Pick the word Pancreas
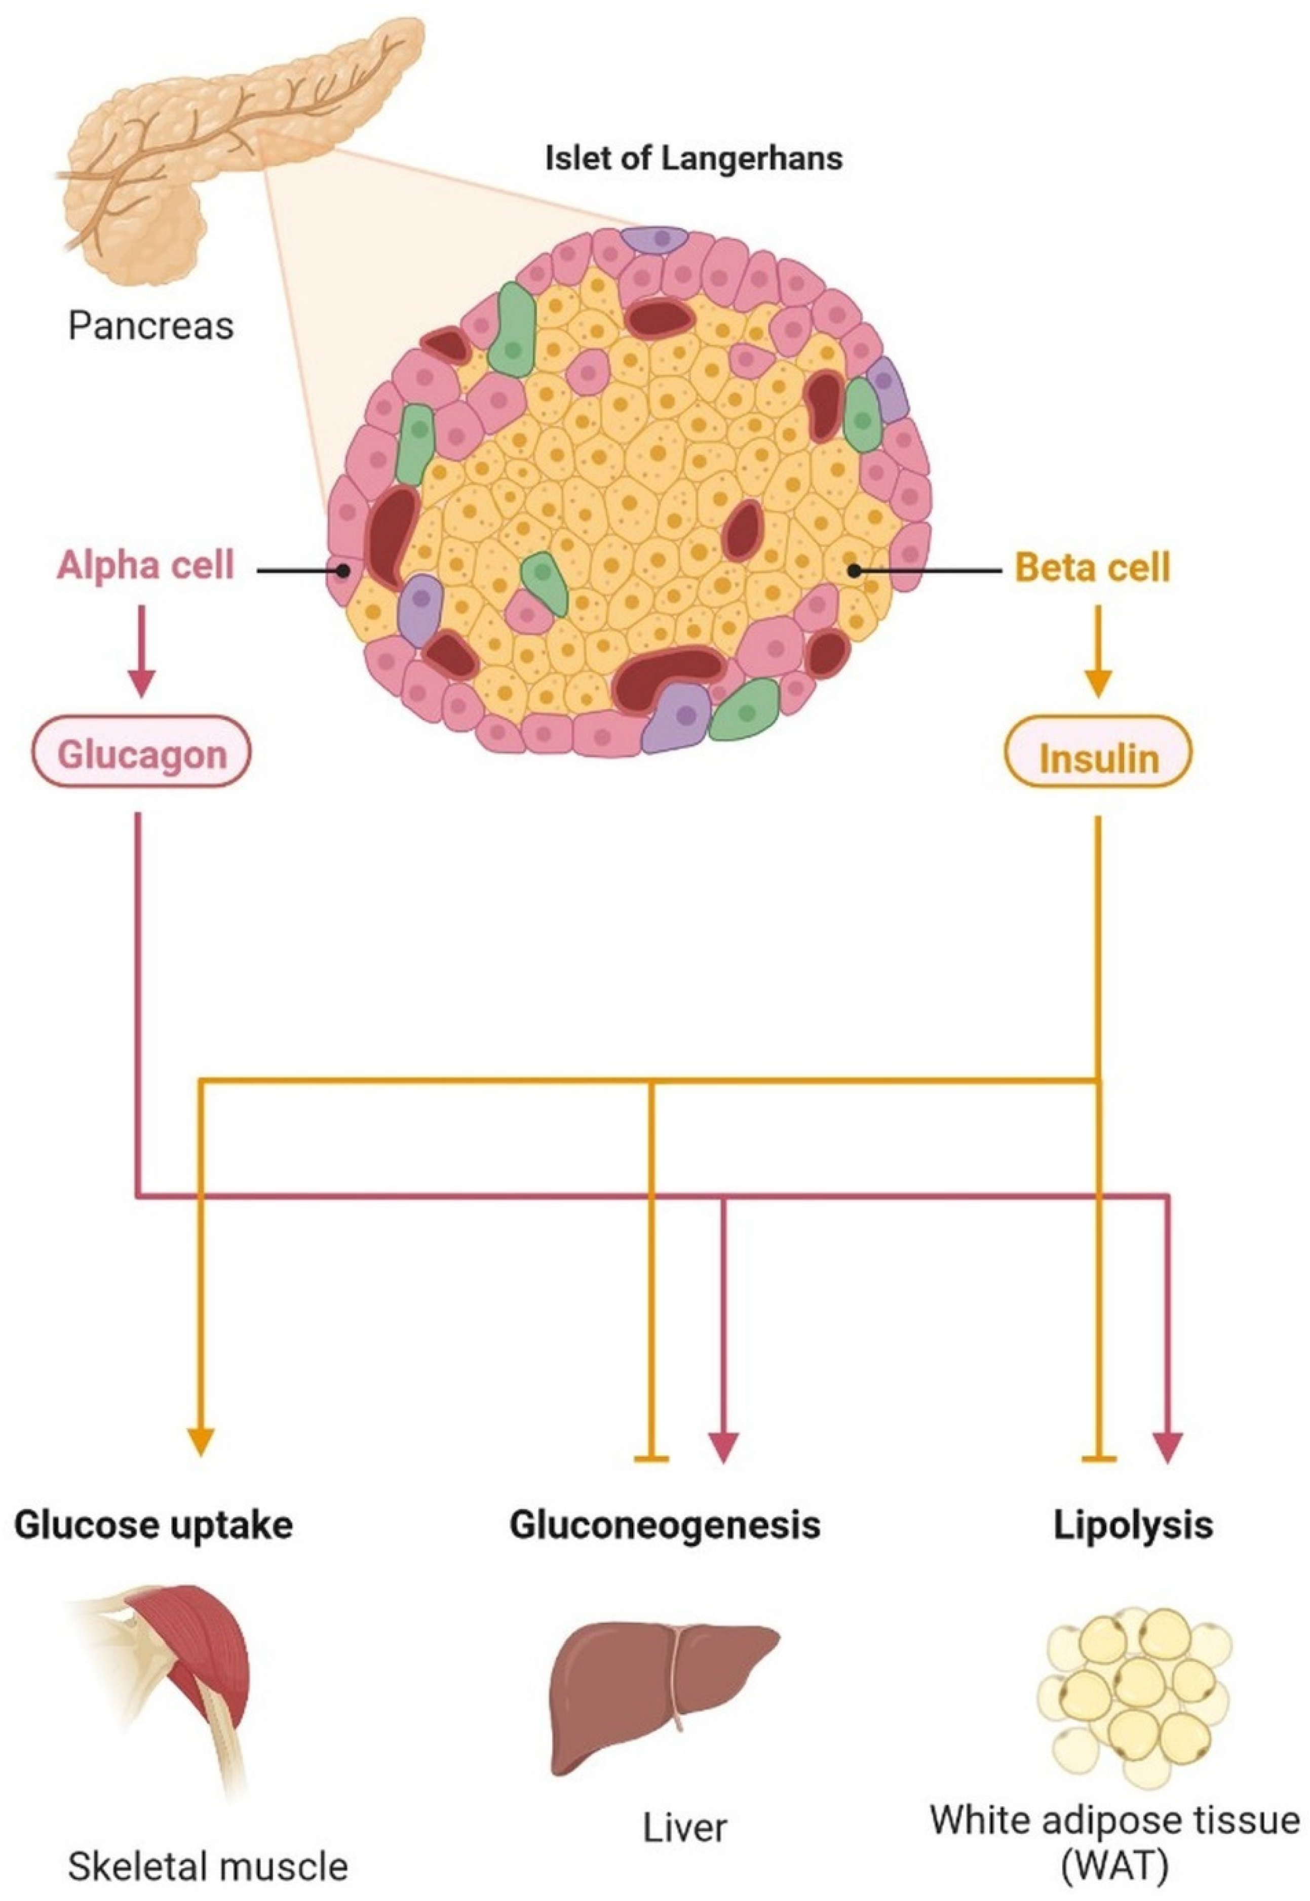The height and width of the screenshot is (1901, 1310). (x=151, y=326)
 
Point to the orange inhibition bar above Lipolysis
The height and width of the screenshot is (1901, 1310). (x=1099, y=1459)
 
